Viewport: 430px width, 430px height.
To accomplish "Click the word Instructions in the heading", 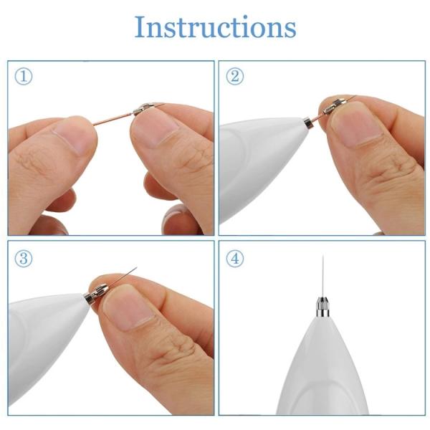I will pyautogui.click(x=215, y=28).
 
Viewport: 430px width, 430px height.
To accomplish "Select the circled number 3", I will pyautogui.click(x=24, y=259).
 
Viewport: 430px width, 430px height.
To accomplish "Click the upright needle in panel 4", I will pyautogui.click(x=322, y=276).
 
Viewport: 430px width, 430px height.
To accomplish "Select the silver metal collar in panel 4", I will pyautogui.click(x=322, y=309).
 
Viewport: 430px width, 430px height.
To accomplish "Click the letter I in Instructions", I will pyautogui.click(x=140, y=28).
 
